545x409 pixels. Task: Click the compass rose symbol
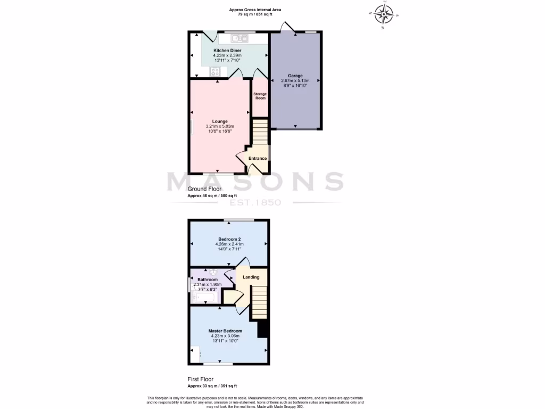click(384, 14)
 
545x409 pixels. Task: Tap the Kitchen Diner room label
click(228, 51)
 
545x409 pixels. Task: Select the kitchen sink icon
click(240, 38)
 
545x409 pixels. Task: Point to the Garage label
click(295, 76)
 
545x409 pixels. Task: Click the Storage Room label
click(260, 96)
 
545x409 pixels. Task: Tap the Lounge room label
click(220, 121)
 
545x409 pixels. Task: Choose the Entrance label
click(258, 158)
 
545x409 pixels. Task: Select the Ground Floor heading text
click(204, 189)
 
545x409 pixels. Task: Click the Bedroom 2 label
click(229, 239)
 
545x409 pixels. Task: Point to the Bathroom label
click(208, 280)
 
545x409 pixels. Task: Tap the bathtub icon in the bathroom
click(204, 297)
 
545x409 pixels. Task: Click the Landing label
click(251, 277)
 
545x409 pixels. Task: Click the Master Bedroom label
click(225, 331)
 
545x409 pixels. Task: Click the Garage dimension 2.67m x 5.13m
click(295, 81)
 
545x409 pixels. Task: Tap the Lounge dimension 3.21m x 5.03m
click(220, 126)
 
